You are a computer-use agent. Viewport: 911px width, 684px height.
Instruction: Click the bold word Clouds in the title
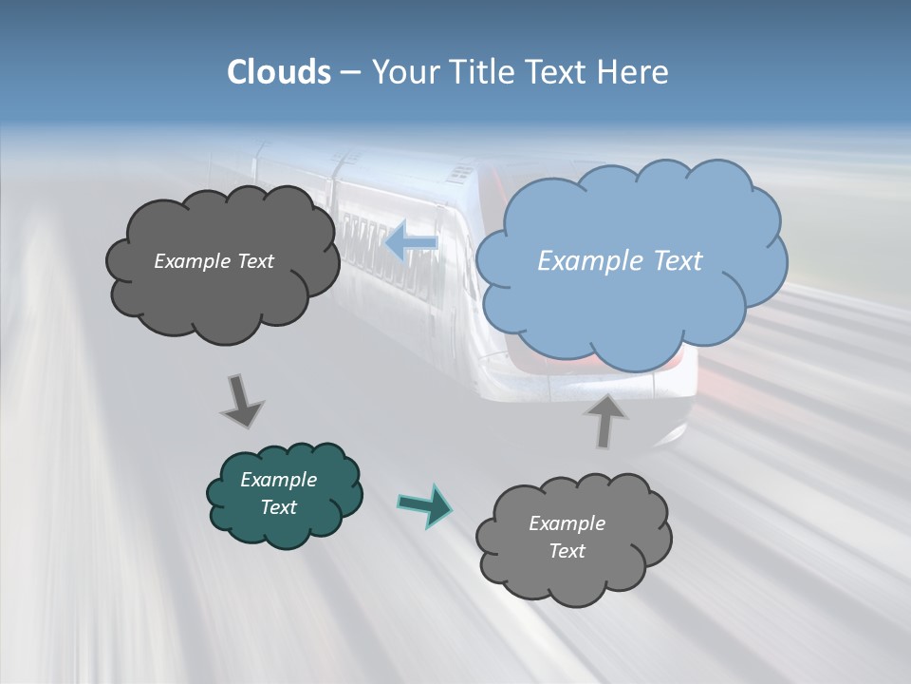coord(279,72)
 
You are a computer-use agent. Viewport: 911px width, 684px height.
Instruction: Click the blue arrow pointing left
coord(410,243)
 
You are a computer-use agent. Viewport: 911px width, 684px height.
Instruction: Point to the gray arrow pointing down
coord(241,400)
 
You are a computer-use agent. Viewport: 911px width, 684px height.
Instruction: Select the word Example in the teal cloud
coord(278,480)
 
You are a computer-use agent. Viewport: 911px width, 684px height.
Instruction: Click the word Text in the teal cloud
coord(278,507)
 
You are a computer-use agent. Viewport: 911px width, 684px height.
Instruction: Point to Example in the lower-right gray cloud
coord(567,523)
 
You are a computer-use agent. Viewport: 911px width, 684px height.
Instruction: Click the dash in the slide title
coord(350,73)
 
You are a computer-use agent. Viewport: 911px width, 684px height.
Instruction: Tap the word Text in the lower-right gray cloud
coord(567,551)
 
